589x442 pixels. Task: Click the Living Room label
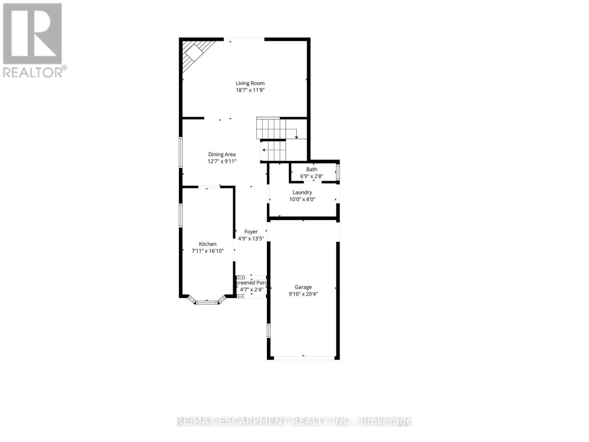[x=250, y=83]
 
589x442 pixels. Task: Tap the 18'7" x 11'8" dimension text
[x=250, y=90]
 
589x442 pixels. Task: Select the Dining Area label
[x=222, y=154]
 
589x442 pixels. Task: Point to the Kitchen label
[x=208, y=244]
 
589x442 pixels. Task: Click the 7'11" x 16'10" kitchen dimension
[x=208, y=251]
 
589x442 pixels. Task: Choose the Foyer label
[x=251, y=232]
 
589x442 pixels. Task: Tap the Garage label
[x=303, y=287]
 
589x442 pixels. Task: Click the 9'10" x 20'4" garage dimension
[x=303, y=294]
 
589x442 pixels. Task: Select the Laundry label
[x=302, y=192]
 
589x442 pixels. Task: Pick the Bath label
[x=311, y=169]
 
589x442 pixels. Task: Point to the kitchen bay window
[x=207, y=302]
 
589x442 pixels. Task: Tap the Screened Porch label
[x=251, y=283]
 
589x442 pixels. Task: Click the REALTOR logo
[x=33, y=40]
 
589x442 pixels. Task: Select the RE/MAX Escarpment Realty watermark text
[x=294, y=421]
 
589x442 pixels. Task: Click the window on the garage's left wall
[x=268, y=330]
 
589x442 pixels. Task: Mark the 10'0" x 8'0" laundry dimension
[x=302, y=199]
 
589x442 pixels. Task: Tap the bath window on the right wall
[x=338, y=172]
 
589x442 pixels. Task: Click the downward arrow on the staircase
[x=296, y=137]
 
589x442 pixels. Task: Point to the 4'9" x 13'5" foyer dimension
[x=251, y=239]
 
